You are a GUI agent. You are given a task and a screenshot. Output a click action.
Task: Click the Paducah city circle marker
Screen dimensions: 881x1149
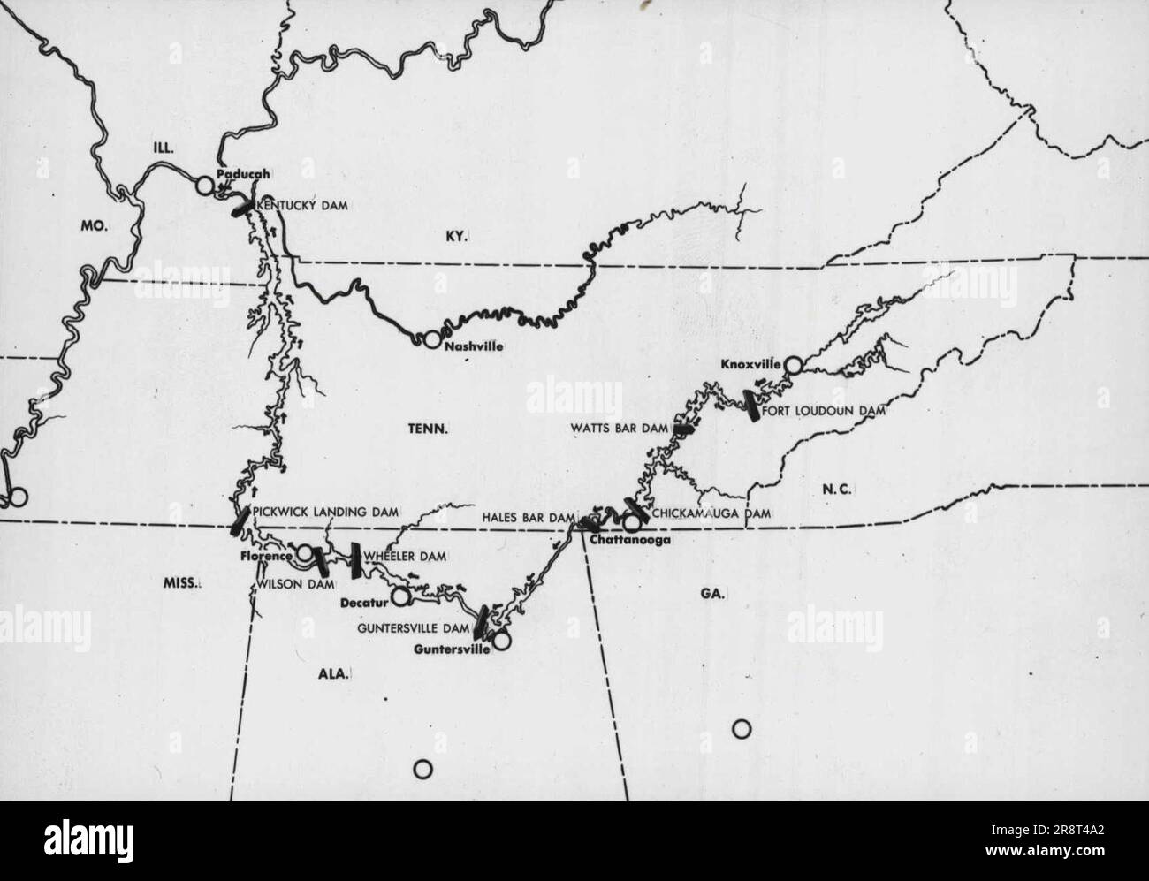pos(205,186)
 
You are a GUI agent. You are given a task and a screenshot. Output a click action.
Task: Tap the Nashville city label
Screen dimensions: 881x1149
pos(474,346)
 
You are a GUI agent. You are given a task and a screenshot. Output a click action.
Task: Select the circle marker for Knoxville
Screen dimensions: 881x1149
pos(793,364)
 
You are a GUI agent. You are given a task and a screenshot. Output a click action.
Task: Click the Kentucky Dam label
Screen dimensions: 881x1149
pos(301,205)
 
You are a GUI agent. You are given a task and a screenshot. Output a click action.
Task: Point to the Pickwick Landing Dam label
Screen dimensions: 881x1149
pos(325,511)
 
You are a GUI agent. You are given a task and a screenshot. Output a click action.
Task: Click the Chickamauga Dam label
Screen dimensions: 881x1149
pos(711,513)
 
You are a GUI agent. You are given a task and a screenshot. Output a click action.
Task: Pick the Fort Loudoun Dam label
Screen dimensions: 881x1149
pos(823,410)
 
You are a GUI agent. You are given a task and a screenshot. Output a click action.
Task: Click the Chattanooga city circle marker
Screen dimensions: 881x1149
pos(631,521)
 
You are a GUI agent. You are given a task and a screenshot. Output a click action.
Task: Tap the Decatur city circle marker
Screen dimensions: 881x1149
pos(401,596)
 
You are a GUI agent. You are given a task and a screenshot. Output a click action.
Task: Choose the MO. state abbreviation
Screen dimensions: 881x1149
pos(93,226)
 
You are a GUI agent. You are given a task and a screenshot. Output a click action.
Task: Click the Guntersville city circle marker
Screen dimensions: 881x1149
pos(501,641)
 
